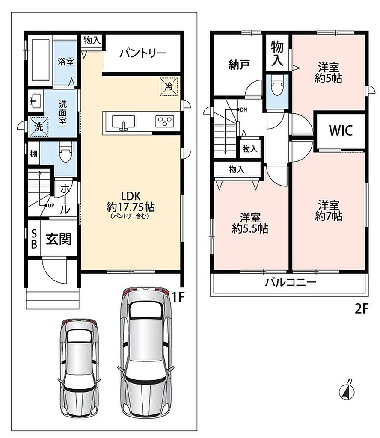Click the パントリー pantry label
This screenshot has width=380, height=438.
pos(143,53)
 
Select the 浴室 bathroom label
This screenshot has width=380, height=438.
pos(66,62)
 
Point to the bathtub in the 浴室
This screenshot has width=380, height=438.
pos(41,60)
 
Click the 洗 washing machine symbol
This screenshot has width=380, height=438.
pos(39,127)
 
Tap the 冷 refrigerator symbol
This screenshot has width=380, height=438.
pos(169,86)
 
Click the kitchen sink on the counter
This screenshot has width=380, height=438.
pos(123,123)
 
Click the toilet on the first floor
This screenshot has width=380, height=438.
pos(66,152)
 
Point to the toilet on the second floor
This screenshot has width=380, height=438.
pos(277,85)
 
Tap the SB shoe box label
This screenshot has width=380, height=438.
pos(34,238)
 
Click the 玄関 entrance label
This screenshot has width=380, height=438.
pos(59,239)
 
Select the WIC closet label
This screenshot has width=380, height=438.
pos(341,130)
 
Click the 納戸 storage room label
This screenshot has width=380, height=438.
pos(239,65)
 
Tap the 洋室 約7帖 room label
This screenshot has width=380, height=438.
pos(329,210)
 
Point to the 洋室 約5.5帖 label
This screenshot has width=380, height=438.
pos(250,223)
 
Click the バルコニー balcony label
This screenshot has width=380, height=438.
pos(291,282)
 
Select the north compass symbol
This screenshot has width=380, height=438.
pos(347,389)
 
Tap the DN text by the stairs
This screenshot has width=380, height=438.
pos(243,110)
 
